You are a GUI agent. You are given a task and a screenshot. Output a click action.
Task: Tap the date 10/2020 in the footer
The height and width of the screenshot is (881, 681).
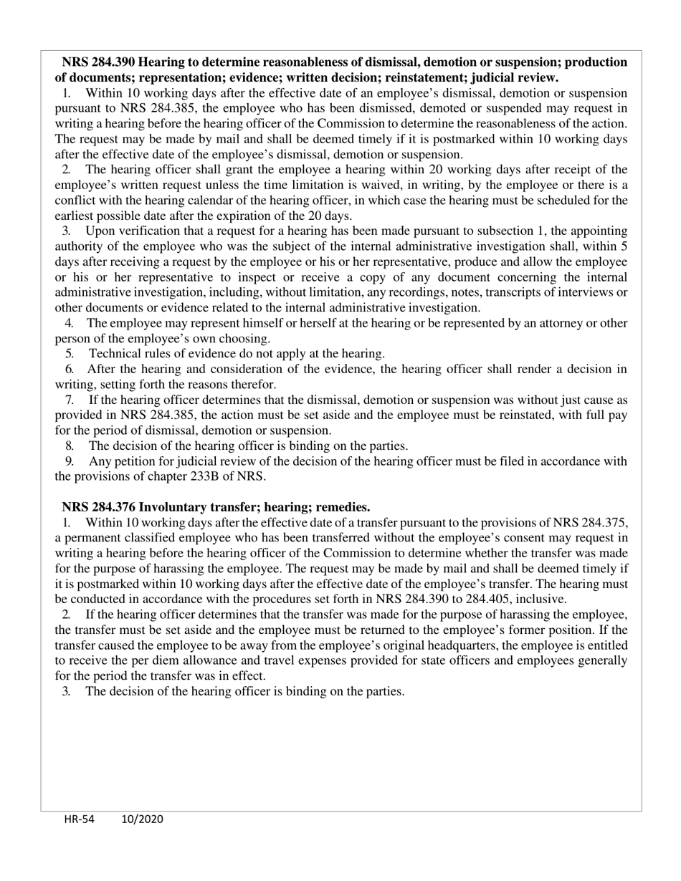click(x=142, y=819)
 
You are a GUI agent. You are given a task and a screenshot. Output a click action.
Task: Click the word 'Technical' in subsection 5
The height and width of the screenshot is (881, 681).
click(x=115, y=353)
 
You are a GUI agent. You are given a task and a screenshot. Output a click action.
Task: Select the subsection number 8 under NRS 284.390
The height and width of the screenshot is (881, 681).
click(x=69, y=446)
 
